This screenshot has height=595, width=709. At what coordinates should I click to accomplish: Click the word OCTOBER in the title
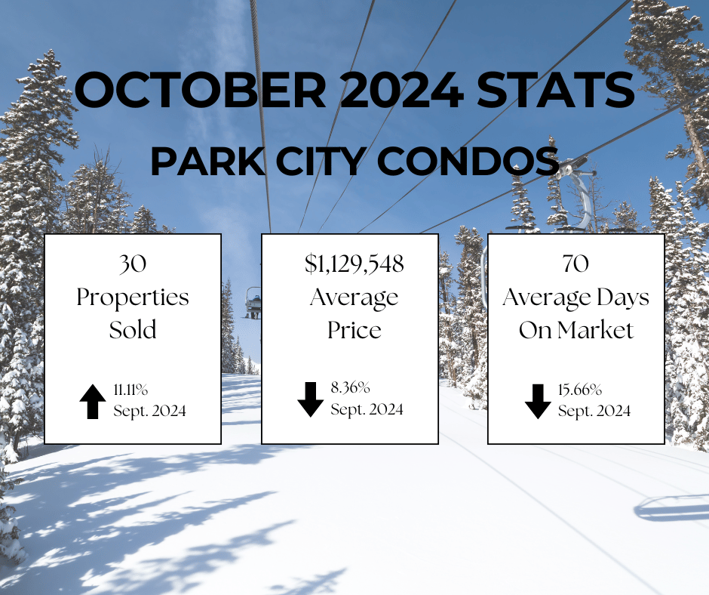click(201, 89)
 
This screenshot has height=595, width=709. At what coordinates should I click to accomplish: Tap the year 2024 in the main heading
click(401, 89)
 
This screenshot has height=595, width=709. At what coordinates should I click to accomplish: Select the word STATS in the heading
click(556, 89)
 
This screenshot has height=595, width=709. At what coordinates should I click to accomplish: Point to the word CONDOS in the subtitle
click(468, 161)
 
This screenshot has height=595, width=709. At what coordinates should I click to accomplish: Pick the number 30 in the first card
click(133, 264)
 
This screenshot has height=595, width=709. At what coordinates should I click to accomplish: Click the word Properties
click(133, 298)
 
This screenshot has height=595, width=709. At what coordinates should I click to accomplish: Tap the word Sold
click(133, 330)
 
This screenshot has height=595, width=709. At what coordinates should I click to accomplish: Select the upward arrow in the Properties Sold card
click(93, 402)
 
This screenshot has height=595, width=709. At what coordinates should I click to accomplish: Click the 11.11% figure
click(130, 390)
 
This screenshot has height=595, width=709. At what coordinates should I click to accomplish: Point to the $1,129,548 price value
click(354, 264)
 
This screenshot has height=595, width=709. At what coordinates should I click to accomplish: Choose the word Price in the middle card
click(354, 330)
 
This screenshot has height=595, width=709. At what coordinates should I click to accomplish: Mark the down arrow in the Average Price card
click(311, 399)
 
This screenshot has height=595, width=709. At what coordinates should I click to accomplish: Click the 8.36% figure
click(351, 387)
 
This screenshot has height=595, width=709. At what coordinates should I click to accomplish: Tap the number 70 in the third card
click(575, 264)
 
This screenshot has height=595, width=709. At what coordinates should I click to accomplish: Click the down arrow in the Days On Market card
click(538, 402)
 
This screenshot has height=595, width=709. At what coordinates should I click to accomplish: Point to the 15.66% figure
click(580, 390)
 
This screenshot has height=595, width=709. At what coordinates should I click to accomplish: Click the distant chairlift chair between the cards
click(253, 303)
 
